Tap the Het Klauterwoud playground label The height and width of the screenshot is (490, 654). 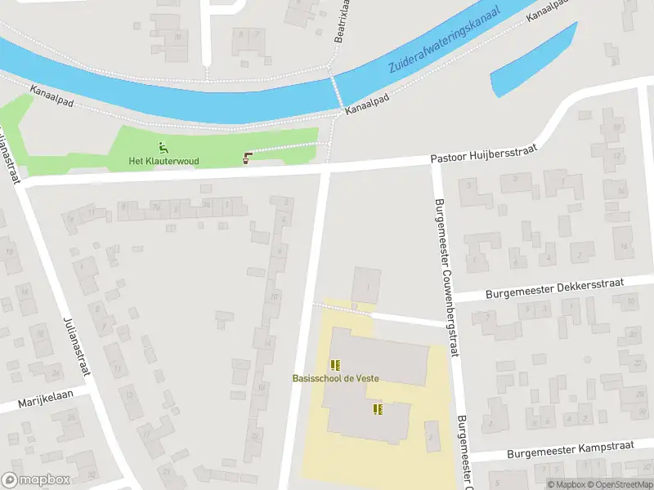163,162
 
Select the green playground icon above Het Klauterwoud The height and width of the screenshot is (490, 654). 163,148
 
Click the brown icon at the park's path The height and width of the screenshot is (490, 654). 248,158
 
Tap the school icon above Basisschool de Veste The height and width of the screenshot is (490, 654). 334,364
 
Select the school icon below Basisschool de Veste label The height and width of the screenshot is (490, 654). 377,408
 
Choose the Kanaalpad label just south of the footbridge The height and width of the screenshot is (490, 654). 366,102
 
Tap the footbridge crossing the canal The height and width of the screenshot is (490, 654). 336,91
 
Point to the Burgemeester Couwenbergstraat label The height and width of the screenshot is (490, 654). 448,278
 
